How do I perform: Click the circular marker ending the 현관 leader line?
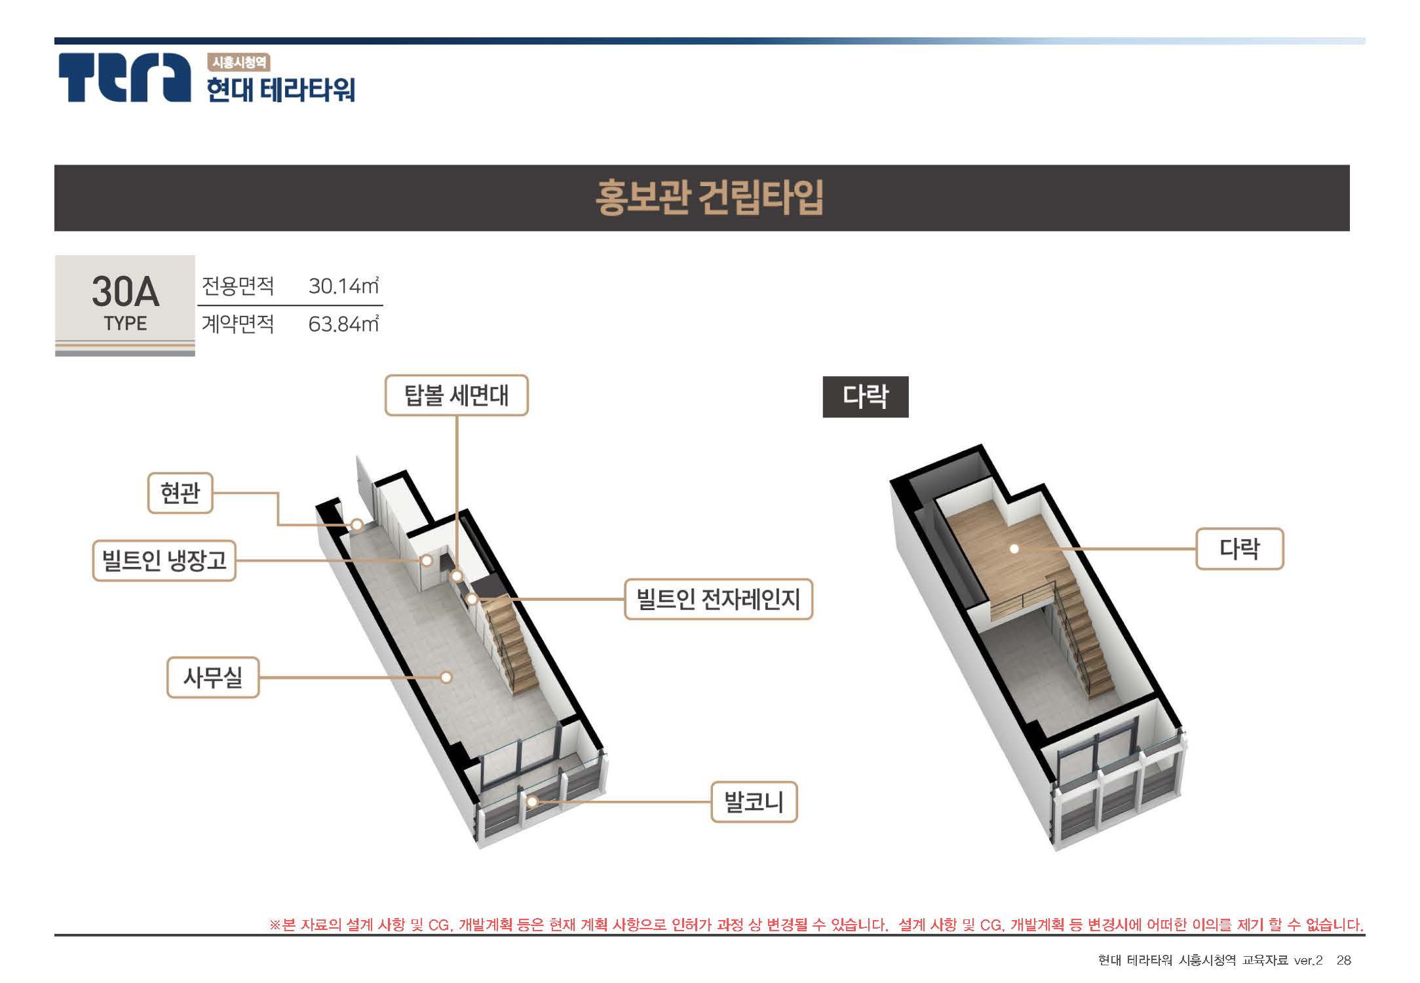pyautogui.click(x=357, y=524)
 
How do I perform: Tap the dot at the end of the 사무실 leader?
pyautogui.click(x=446, y=677)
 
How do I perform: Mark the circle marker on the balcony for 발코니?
pyautogui.click(x=533, y=801)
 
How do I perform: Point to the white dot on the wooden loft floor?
pyautogui.click(x=1014, y=549)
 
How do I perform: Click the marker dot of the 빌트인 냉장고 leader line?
pyautogui.click(x=427, y=560)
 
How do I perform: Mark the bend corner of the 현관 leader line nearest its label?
pyautogui.click(x=278, y=493)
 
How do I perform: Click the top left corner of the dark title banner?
pyautogui.click(x=54, y=165)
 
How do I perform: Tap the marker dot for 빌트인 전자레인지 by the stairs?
pyautogui.click(x=472, y=598)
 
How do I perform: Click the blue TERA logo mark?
pyautogui.click(x=124, y=77)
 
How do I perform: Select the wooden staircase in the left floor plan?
pyautogui.click(x=513, y=646)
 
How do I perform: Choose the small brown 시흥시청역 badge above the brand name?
pyautogui.click(x=239, y=62)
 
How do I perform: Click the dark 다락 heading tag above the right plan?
pyautogui.click(x=866, y=396)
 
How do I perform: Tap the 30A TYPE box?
pyautogui.click(x=125, y=305)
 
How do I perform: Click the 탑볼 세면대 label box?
pyautogui.click(x=456, y=395)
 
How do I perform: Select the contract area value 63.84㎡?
pyautogui.click(x=343, y=324)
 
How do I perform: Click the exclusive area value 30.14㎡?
pyautogui.click(x=343, y=286)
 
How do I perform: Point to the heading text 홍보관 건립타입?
pyautogui.click(x=709, y=197)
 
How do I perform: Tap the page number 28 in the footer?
pyautogui.click(x=1344, y=960)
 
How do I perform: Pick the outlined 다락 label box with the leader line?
pyautogui.click(x=1239, y=549)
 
